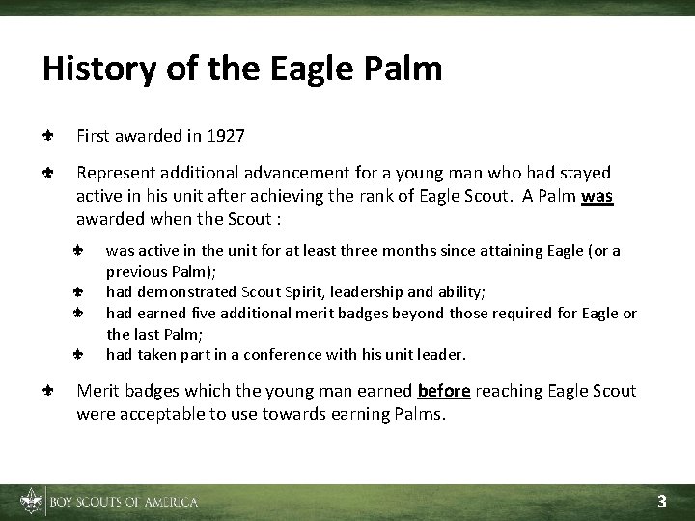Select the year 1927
[224, 137]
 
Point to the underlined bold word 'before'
[444, 391]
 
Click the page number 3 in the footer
[662, 501]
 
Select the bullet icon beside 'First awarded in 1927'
[47, 137]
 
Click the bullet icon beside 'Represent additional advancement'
[47, 174]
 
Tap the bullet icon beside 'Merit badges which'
[47, 391]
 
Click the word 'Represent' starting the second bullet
[111, 174]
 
